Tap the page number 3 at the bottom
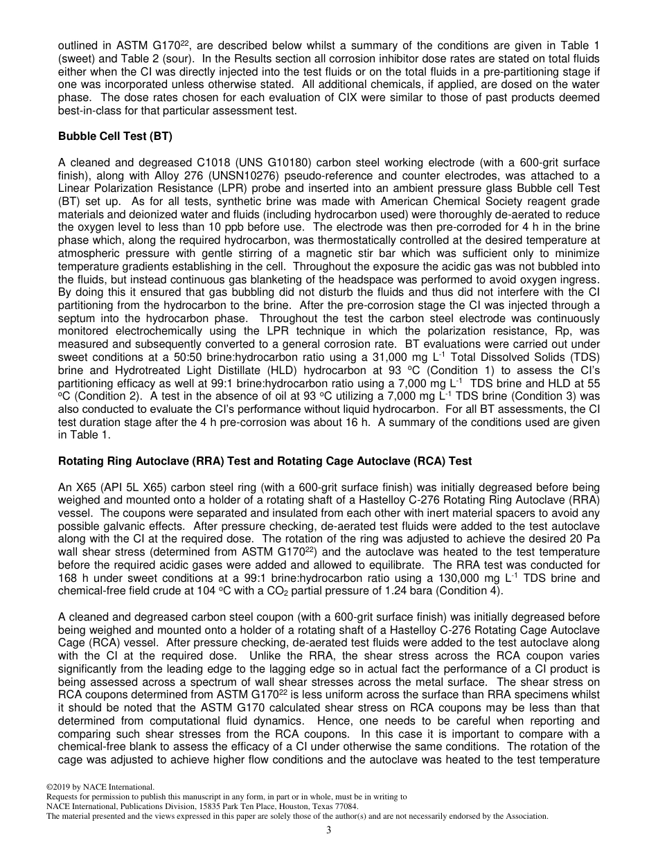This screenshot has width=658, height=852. pos(329,830)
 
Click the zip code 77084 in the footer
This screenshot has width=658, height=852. pos(346,806)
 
